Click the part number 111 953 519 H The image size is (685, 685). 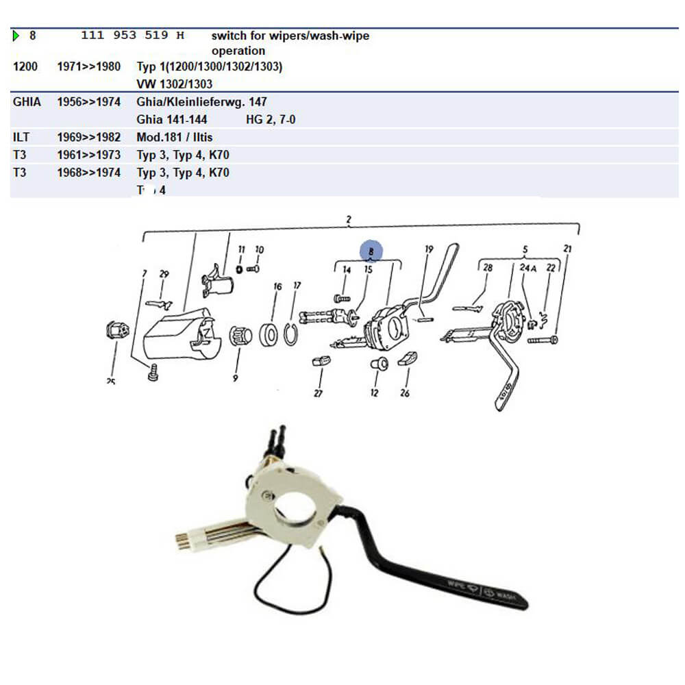click(133, 35)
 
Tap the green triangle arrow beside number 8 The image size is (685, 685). click(16, 36)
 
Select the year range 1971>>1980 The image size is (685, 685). click(88, 67)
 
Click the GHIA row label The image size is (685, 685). click(27, 102)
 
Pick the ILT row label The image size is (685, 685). click(21, 137)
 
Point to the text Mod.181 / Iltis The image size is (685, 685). click(175, 137)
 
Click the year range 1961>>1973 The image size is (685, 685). click(88, 155)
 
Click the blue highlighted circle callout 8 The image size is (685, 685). click(371, 252)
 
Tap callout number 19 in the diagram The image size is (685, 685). click(429, 249)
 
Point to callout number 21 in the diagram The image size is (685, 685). click(567, 249)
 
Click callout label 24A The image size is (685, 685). click(528, 268)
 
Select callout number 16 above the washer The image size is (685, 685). click(277, 286)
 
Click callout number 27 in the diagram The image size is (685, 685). click(318, 393)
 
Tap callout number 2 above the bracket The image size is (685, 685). click(349, 220)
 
